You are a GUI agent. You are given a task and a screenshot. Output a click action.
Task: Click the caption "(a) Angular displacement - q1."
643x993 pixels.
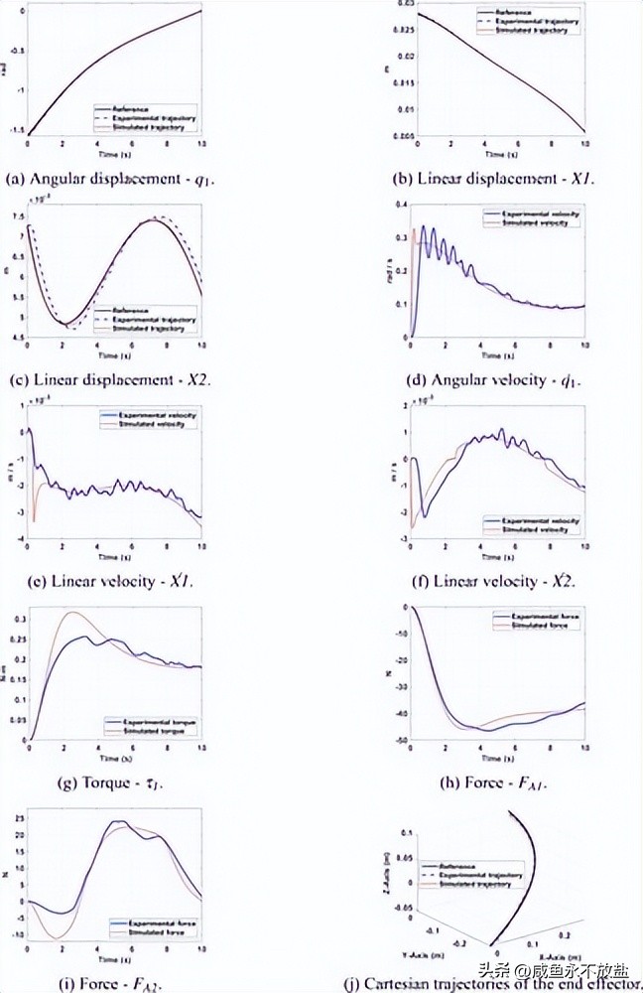[117, 179]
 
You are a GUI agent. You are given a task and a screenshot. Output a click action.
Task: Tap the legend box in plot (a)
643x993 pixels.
[147, 117]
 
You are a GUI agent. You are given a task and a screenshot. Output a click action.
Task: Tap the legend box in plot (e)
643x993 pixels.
[148, 419]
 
